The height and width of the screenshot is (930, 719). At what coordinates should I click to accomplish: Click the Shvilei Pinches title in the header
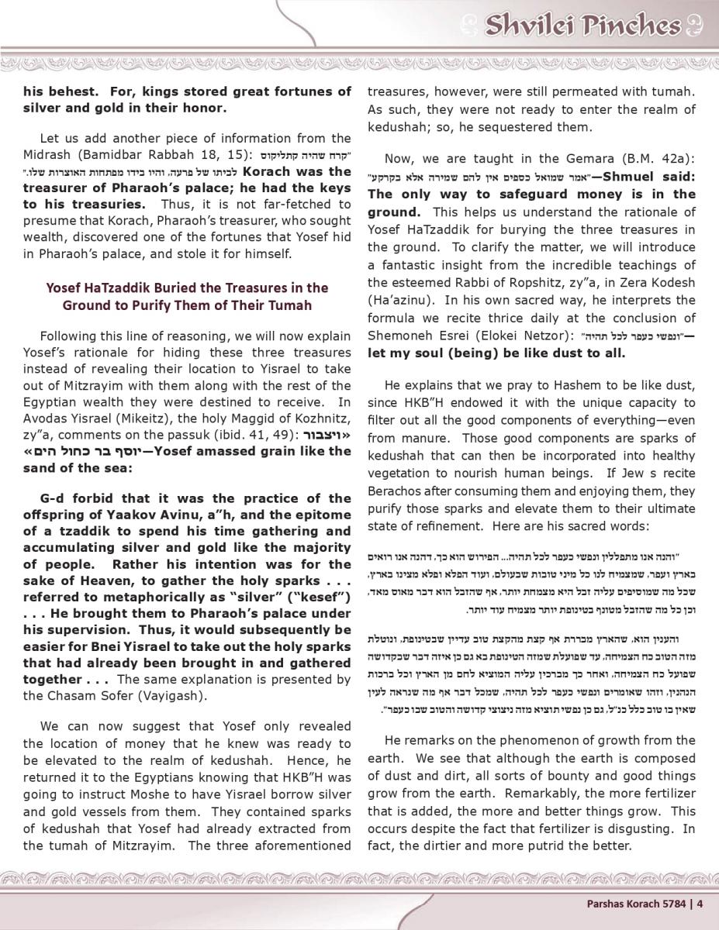[582, 26]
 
